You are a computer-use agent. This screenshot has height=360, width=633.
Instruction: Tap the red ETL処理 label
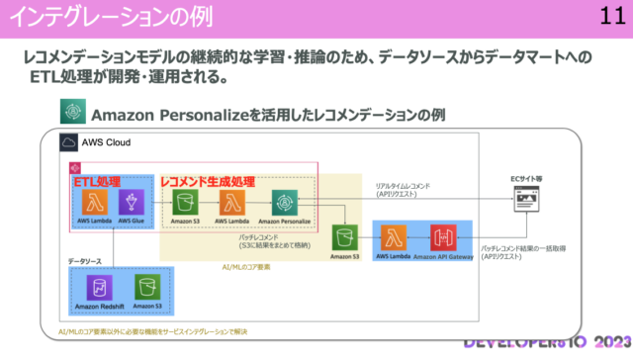96,182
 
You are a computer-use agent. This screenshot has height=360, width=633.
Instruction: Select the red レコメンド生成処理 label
208,182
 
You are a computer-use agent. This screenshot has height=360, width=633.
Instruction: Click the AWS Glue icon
131,202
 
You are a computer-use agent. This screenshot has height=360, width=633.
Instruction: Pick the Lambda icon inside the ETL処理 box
96,202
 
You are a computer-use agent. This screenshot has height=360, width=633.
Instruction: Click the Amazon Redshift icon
99,287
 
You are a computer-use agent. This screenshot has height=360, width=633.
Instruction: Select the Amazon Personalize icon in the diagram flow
284,202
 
